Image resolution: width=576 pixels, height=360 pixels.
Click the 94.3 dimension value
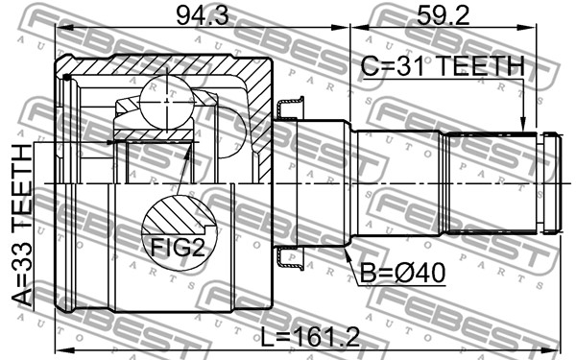(203, 16)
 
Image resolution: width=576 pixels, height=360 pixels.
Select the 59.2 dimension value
(443, 16)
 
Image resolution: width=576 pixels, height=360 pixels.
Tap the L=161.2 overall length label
(310, 338)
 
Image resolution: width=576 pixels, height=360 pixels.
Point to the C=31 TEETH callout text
(443, 66)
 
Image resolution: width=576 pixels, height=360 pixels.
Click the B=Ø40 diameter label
(402, 274)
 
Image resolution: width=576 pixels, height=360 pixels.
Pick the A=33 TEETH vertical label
(22, 226)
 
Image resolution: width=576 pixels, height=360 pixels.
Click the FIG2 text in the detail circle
(178, 247)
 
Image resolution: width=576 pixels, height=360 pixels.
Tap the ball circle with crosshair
(167, 101)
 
